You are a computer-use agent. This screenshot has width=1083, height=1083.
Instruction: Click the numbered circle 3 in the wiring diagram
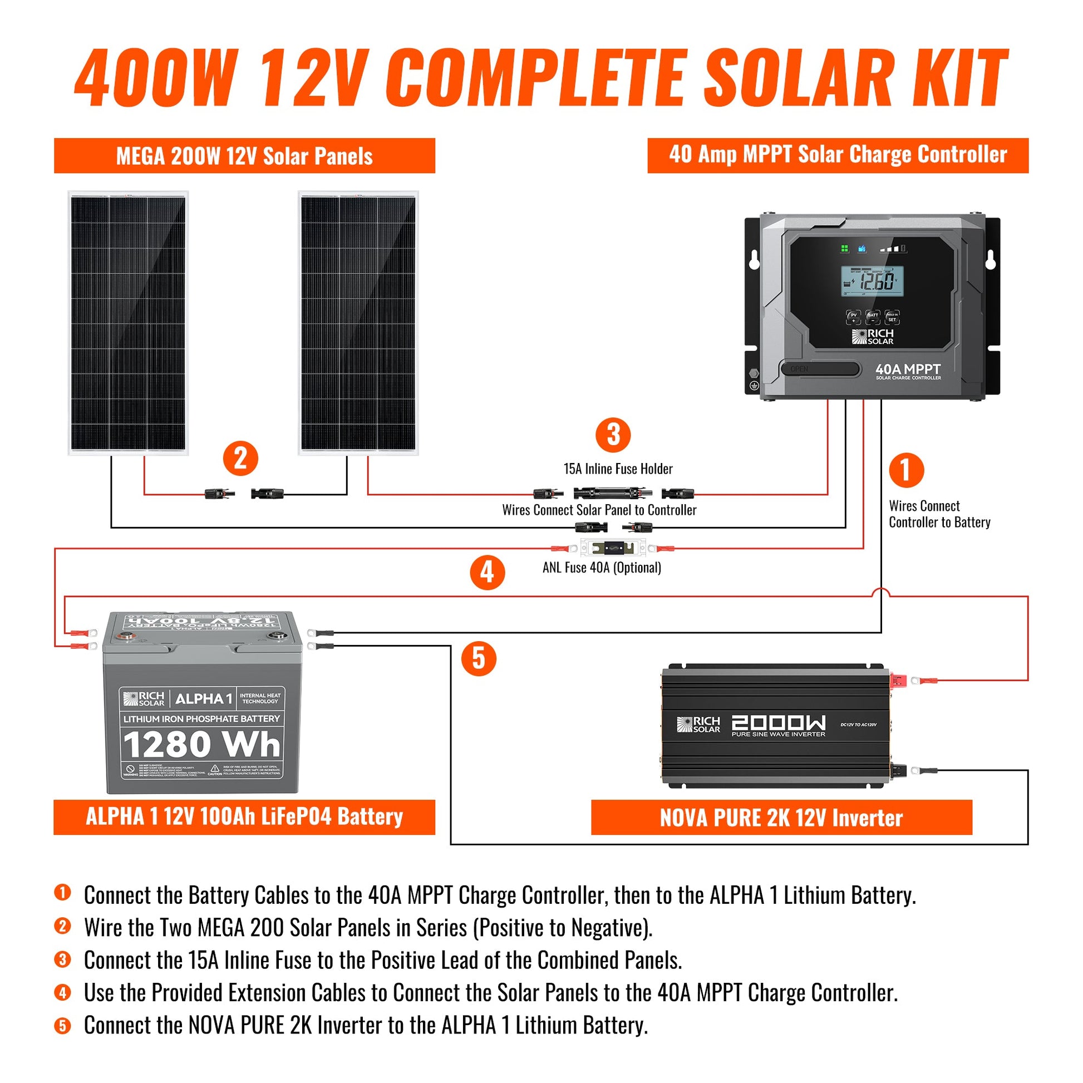(613, 435)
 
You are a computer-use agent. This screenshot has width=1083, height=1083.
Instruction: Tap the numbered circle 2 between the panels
(240, 459)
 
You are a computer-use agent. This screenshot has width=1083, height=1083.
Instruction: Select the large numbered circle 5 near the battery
(478, 658)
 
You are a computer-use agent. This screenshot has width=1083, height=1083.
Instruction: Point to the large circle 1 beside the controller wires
(906, 470)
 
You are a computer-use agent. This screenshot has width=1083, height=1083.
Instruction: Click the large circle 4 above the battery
(487, 572)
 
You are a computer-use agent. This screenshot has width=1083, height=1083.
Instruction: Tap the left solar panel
(129, 323)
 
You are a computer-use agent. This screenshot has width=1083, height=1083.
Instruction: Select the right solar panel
(358, 323)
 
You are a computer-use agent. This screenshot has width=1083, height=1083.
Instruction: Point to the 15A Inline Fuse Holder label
(618, 469)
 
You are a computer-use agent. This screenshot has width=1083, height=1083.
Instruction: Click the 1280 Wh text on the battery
(202, 745)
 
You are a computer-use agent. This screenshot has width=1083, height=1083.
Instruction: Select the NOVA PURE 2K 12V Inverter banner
(781, 818)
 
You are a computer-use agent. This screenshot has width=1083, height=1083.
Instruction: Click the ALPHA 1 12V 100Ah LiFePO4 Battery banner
(244, 817)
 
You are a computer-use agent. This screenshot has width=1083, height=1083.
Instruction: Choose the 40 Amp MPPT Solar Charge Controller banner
(838, 155)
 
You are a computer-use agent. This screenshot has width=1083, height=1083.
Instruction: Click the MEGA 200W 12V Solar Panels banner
(244, 156)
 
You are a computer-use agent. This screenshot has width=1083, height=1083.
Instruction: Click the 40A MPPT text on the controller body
(908, 370)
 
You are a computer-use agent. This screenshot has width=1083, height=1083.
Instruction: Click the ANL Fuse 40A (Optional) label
(602, 568)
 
